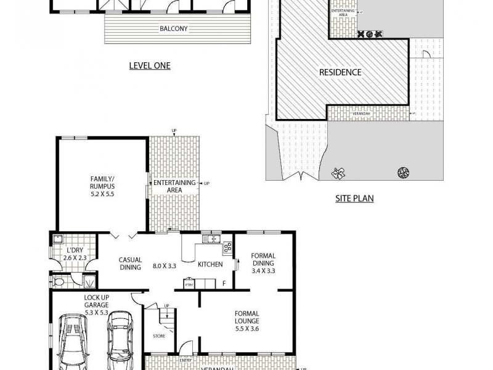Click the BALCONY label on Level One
point(174,28)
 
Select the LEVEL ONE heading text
point(149,66)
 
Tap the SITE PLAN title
point(354,199)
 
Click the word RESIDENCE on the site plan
point(340,72)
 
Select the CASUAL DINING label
point(130,263)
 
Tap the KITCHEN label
point(210,266)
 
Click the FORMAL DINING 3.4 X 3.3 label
point(263,263)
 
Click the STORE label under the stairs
point(159,336)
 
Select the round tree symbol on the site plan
point(404,171)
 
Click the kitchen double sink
point(213,239)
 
